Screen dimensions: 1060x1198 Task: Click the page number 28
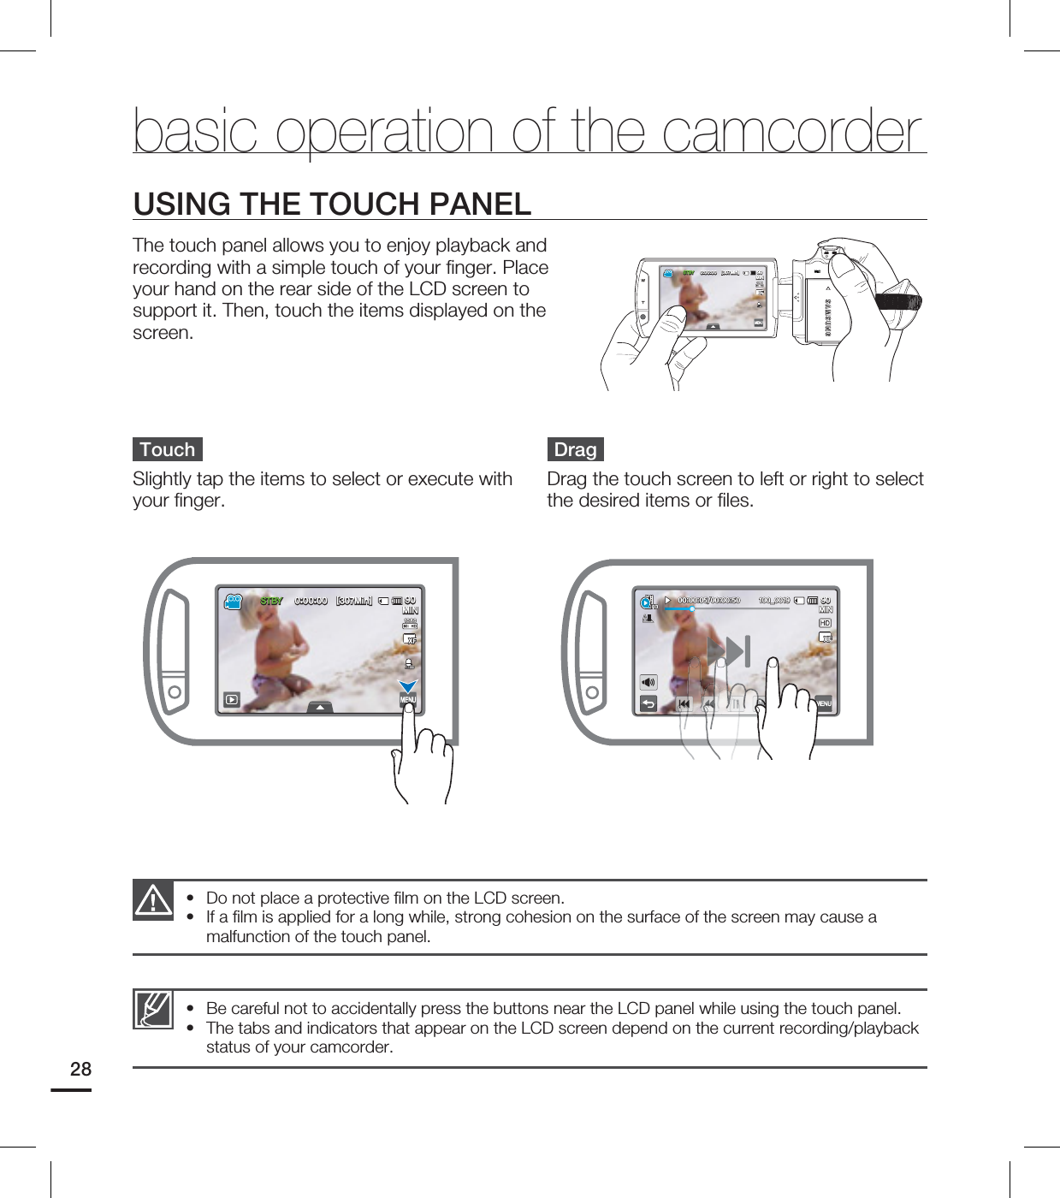coord(80,1069)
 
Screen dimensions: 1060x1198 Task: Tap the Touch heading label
coord(168,449)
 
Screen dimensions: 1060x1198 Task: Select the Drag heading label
coord(575,449)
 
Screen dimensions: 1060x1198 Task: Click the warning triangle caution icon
coord(153,900)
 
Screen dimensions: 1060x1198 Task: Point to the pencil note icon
coord(153,1009)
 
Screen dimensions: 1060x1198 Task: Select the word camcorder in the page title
coord(793,132)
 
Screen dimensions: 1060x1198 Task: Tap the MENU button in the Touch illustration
coord(408,700)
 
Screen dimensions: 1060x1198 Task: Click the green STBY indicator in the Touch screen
coord(271,601)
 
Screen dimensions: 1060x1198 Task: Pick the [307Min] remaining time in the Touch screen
coord(354,601)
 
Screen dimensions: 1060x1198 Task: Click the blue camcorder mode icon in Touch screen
coord(233,602)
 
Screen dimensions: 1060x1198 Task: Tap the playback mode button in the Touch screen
coord(231,700)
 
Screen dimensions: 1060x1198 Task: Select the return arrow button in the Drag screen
coord(648,703)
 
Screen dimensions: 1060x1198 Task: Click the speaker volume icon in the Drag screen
coord(648,682)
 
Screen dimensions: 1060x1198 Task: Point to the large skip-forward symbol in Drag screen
coord(730,651)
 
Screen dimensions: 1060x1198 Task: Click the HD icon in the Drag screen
coord(825,623)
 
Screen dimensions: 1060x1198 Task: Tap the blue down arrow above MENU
coord(408,685)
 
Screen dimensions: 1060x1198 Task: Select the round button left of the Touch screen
coord(175,692)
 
